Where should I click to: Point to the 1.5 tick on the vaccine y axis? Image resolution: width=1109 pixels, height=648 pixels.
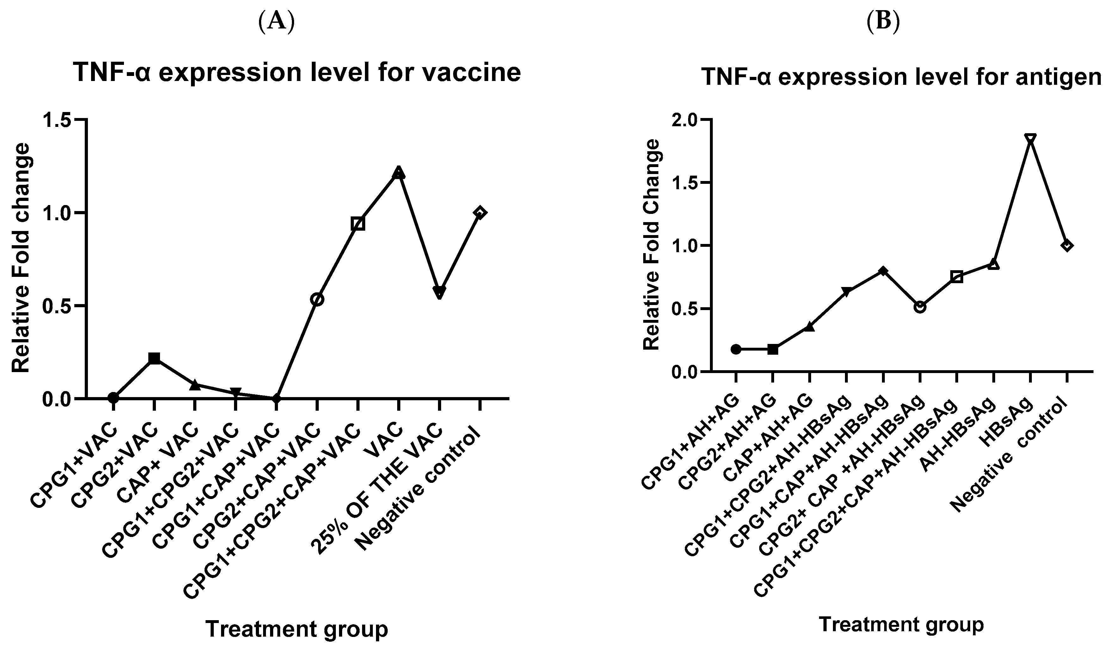pos(59,120)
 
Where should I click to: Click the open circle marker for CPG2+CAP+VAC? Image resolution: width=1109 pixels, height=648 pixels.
pos(317,299)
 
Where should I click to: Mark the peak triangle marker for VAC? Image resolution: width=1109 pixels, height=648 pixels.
pos(398,172)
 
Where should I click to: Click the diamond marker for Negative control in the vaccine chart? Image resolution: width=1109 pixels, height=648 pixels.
pos(480,213)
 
